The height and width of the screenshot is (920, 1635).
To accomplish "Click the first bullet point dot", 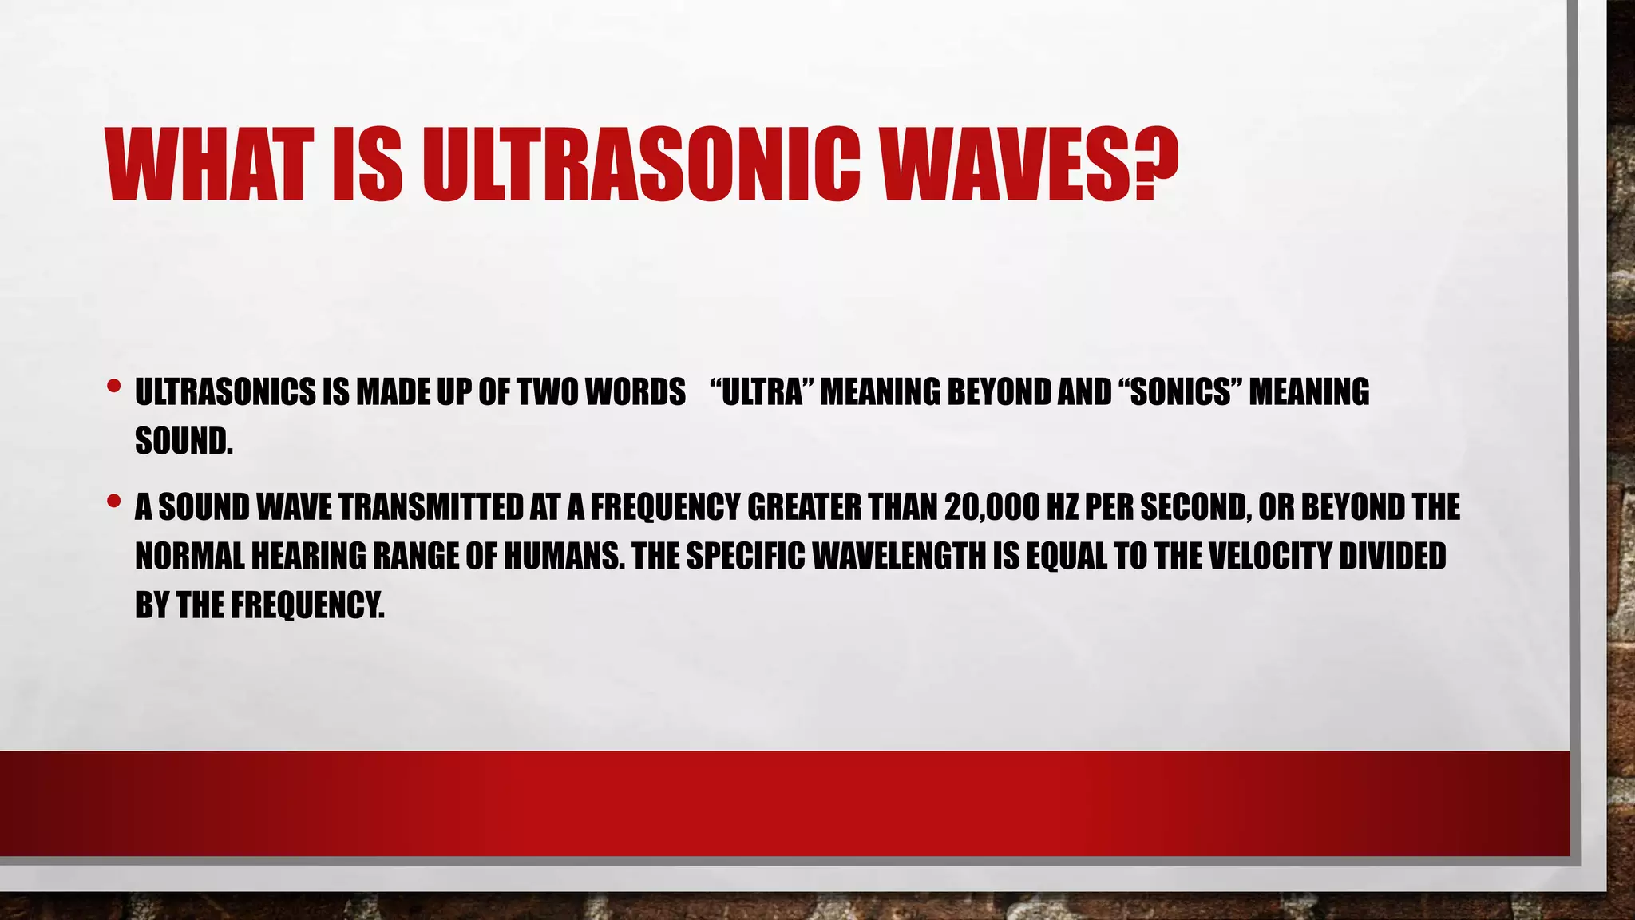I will click(113, 387).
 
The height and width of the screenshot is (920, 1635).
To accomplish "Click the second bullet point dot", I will click(113, 502).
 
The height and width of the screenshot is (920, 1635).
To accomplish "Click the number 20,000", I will click(990, 507).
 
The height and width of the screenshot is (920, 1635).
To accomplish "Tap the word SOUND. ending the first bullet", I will click(184, 441).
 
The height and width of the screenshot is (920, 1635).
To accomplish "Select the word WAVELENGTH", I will click(899, 556).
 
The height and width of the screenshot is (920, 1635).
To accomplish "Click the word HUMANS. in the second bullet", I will click(564, 556).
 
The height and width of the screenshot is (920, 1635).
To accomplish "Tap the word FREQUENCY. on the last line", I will click(307, 605).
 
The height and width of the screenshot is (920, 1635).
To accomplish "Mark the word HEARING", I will click(308, 556).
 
